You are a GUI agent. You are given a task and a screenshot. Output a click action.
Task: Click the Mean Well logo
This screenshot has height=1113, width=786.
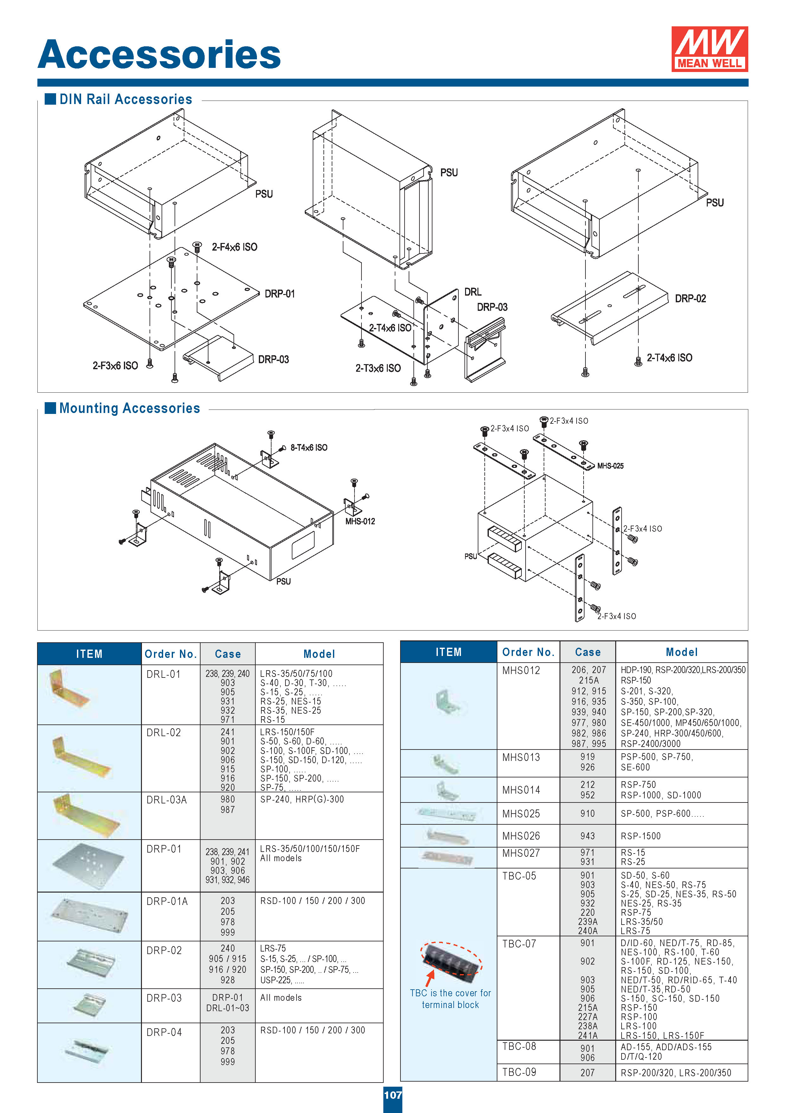point(709,49)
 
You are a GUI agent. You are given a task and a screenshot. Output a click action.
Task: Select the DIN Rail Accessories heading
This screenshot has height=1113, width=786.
point(125,99)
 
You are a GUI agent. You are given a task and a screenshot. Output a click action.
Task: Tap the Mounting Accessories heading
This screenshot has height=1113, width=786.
point(129,408)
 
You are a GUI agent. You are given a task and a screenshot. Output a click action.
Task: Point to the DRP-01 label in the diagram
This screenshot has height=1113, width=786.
point(279,294)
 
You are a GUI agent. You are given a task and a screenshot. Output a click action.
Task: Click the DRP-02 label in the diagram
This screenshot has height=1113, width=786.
point(690,298)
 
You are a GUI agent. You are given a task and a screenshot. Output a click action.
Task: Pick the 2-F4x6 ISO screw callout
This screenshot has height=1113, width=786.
point(234,247)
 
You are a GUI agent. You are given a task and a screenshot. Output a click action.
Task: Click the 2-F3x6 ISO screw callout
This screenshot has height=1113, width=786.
point(115,365)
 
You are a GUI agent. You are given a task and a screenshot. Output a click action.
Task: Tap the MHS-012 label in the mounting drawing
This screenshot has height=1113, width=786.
point(360,521)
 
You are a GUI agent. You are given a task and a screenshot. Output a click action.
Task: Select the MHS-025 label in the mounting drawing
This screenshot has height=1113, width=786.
point(610,466)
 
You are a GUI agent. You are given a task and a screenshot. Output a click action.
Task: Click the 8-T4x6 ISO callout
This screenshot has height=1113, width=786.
point(309,448)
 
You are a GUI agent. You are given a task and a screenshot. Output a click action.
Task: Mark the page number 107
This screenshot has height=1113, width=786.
point(393,1095)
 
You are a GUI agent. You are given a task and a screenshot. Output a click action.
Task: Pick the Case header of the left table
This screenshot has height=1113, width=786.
point(227,654)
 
